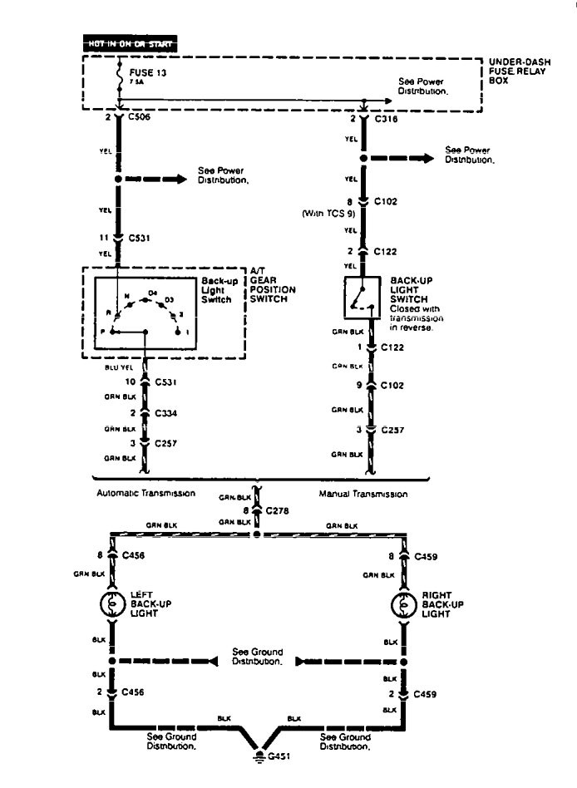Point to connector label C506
(140, 117)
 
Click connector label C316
(387, 118)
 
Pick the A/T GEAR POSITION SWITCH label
(273, 284)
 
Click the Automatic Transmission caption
(147, 493)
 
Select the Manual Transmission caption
(363, 494)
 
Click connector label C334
(166, 411)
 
